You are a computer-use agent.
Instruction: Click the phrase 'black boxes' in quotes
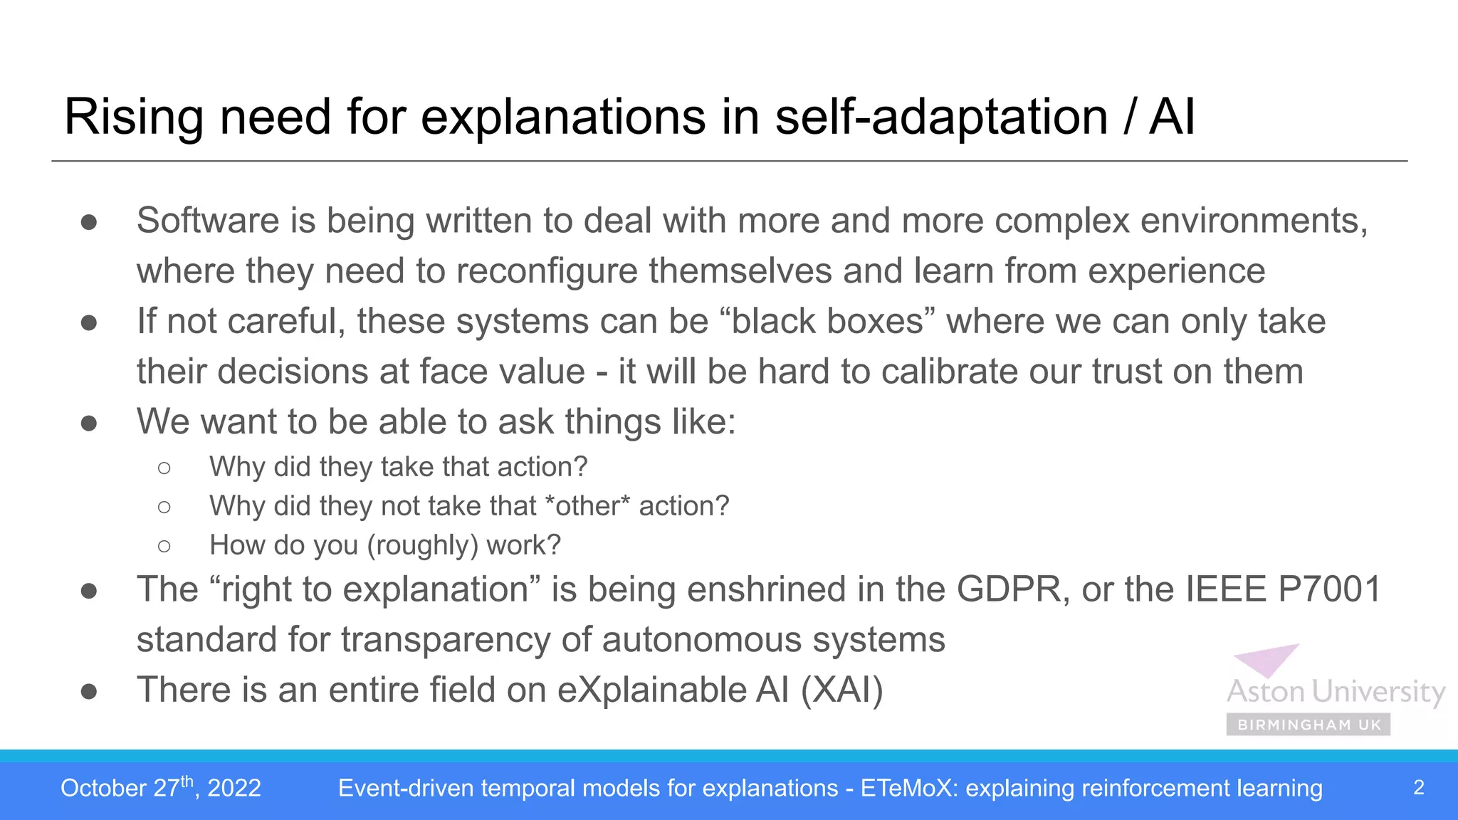click(827, 322)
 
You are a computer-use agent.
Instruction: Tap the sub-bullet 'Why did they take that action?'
click(398, 467)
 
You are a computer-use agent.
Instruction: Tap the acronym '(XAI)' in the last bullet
click(841, 690)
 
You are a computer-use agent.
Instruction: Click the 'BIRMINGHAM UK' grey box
click(1308, 725)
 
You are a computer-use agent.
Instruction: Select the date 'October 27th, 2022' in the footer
click(161, 788)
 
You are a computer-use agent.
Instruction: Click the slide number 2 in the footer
click(1418, 787)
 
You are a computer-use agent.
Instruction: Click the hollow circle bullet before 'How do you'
click(164, 546)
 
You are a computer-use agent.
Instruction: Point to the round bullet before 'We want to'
click(89, 424)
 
